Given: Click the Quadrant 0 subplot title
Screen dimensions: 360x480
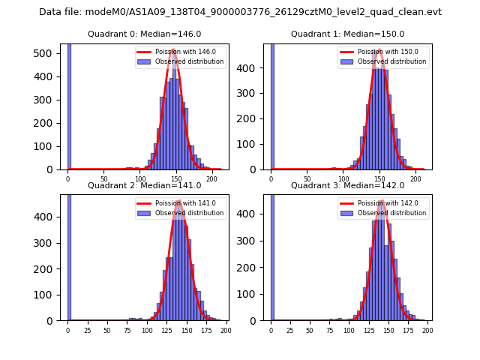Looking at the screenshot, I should click(144, 34).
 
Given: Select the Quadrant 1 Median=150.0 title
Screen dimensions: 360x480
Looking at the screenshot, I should click(347, 34).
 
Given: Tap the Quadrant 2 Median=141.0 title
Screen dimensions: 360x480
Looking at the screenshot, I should click(144, 185).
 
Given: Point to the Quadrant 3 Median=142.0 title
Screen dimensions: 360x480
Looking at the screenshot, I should click(347, 185).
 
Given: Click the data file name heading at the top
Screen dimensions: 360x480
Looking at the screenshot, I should click(240, 12).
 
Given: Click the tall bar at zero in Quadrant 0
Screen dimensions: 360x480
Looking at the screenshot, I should click(69, 105).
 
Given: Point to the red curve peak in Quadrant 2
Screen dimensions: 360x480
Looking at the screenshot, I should click(178, 201).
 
